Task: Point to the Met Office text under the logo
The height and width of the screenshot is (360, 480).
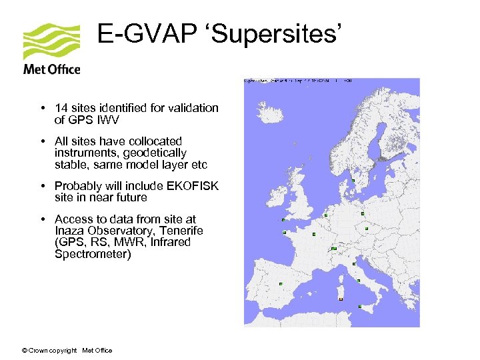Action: (51, 69)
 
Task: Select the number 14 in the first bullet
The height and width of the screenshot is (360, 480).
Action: (61, 108)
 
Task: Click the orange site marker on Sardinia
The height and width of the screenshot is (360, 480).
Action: (341, 300)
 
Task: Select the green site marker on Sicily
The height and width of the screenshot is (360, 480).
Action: (360, 307)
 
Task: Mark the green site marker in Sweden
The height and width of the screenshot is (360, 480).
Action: (353, 181)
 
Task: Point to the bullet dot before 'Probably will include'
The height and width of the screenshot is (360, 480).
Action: (42, 186)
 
